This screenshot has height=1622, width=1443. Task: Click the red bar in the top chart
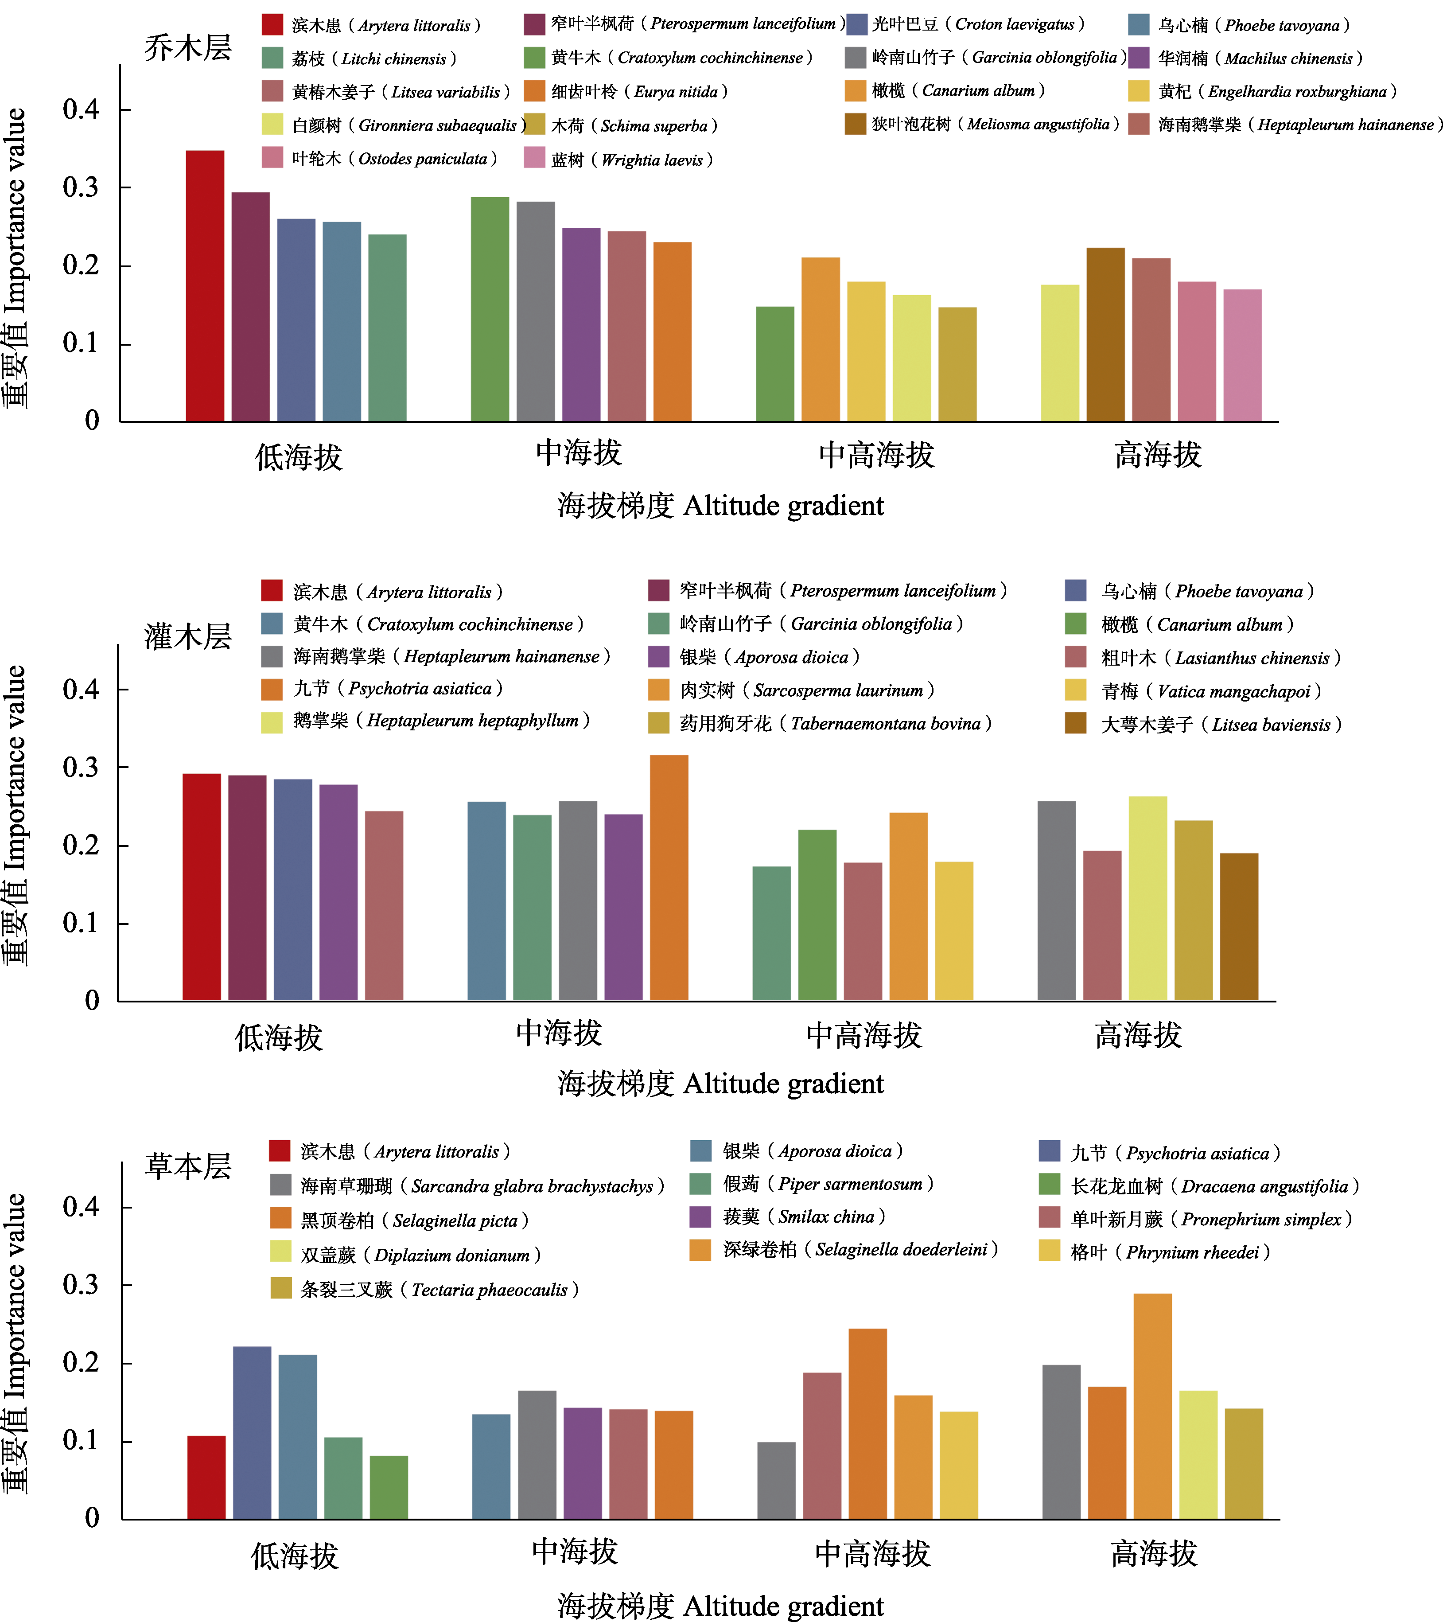click(205, 286)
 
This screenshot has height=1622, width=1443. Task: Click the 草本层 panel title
click(188, 1166)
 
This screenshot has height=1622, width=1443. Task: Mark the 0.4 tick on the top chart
click(82, 109)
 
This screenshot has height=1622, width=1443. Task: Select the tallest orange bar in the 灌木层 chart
click(669, 877)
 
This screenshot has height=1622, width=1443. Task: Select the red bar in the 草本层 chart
click(206, 1477)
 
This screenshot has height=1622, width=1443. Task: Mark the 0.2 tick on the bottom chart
click(82, 1363)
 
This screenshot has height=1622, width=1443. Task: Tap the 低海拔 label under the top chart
click(298, 457)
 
